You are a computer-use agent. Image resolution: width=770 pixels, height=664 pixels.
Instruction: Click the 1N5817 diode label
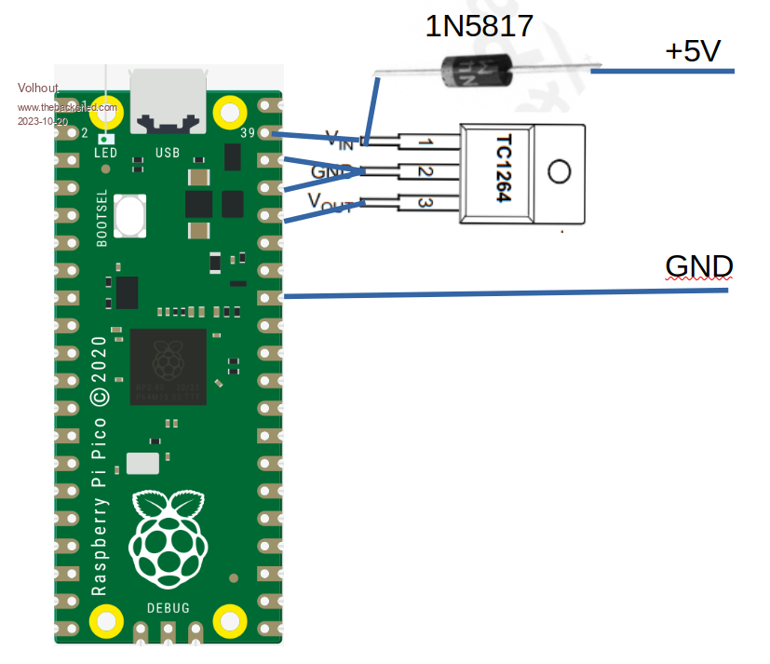click(480, 25)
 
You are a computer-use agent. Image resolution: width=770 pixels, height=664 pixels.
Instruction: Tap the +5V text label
click(693, 51)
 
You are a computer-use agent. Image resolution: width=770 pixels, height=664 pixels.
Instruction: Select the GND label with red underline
click(699, 266)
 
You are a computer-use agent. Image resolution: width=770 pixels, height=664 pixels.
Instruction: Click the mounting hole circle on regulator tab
click(559, 172)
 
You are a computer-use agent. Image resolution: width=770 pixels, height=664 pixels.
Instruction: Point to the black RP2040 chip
click(168, 366)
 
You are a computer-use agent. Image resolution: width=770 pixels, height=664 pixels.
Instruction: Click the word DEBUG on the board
click(169, 608)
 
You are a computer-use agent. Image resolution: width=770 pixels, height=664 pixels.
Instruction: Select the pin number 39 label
click(247, 133)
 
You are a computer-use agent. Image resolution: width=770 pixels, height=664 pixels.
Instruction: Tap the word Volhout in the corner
click(38, 88)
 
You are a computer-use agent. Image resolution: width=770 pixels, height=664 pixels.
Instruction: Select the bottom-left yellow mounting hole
click(106, 620)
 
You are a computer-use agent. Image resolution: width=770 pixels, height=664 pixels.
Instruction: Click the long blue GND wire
click(503, 293)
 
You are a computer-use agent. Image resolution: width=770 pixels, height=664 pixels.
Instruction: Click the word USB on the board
click(168, 152)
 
